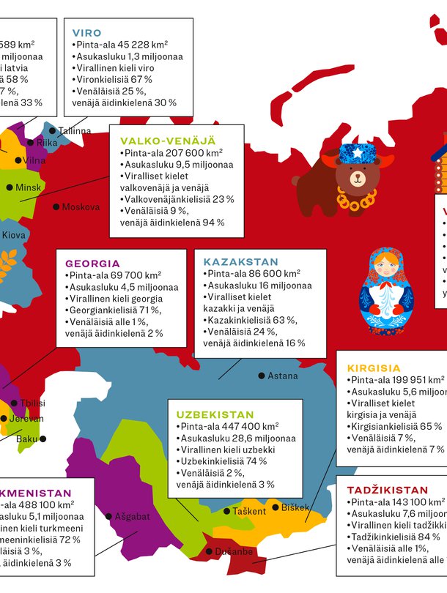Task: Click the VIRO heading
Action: pyautogui.click(x=87, y=33)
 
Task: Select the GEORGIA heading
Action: pyautogui.click(x=92, y=264)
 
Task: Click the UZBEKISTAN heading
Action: pyautogui.click(x=215, y=414)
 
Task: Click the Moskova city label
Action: pyautogui.click(x=81, y=207)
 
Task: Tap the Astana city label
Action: pyautogui.click(x=283, y=376)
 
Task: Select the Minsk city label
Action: pyautogui.click(x=29, y=187)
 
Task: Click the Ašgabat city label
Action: pyautogui.click(x=132, y=516)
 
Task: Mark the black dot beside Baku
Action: pyautogui.click(x=43, y=439)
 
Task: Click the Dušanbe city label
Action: pyautogui.click(x=234, y=551)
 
